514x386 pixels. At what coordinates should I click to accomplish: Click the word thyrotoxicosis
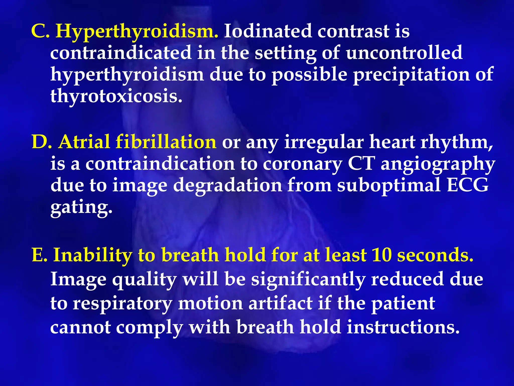(116, 96)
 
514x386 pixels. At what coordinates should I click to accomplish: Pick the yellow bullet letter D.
(41, 142)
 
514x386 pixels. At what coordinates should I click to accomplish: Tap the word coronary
(302, 164)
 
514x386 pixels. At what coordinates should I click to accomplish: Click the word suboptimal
(389, 185)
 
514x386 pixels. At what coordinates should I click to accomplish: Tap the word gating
(81, 208)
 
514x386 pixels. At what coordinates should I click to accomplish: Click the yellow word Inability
(93, 255)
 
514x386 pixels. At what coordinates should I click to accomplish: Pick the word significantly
(308, 280)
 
